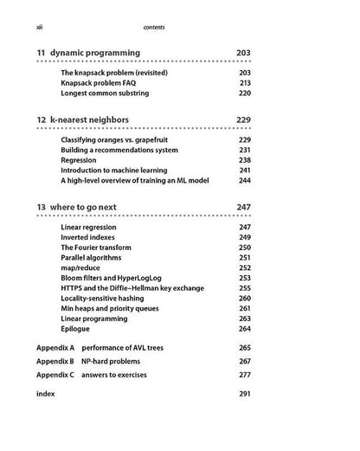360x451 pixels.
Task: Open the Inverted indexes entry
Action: pos(94,237)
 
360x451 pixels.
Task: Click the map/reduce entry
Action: pos(83,268)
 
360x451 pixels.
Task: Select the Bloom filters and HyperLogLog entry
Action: pos(118,279)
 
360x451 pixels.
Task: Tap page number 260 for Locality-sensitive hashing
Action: pos(244,299)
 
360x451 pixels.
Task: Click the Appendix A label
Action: pos(55,347)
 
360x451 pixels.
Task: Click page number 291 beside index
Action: pos(244,394)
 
